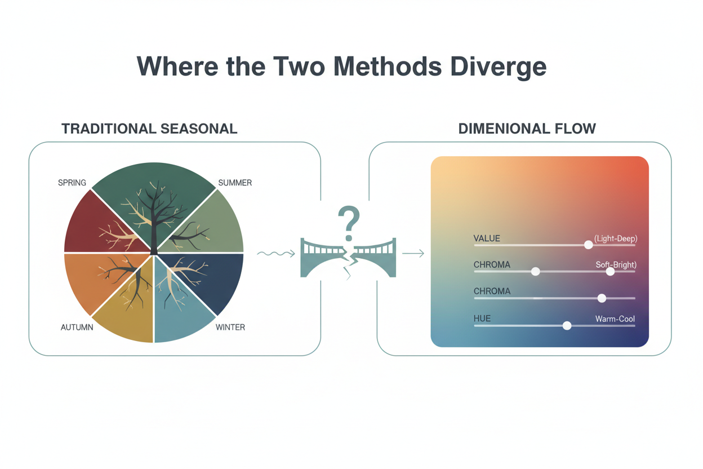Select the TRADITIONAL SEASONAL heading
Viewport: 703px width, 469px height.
click(149, 129)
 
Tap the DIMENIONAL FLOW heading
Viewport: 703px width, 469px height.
click(527, 129)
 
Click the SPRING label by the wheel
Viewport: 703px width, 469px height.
click(72, 183)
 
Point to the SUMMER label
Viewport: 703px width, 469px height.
click(235, 183)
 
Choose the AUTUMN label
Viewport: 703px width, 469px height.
click(77, 328)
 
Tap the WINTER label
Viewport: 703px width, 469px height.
click(230, 328)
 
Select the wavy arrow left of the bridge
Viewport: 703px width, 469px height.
click(275, 254)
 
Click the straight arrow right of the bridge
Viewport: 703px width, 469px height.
click(413, 254)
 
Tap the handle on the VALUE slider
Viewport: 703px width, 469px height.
click(588, 245)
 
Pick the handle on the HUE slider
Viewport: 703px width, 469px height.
click(567, 326)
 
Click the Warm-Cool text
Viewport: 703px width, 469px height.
click(615, 319)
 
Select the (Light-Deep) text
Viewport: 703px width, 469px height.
click(615, 238)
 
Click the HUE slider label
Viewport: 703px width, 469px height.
click(482, 319)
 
